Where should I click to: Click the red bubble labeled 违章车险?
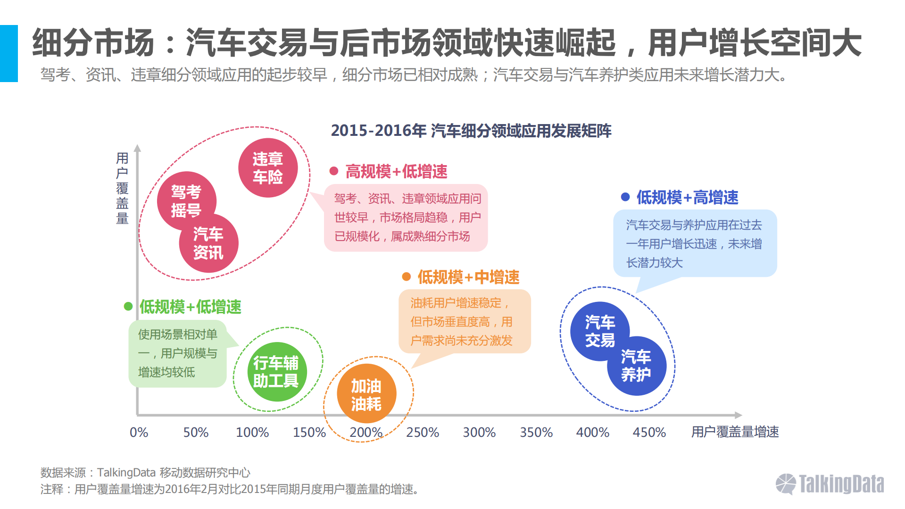267,168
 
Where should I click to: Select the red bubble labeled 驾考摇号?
186,200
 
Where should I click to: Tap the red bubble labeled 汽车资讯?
208,243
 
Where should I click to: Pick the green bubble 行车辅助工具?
276,372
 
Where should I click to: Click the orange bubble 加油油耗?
366,394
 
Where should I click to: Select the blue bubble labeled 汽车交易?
599,331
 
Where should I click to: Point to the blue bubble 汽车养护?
636,366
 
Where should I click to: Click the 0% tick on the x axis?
139,432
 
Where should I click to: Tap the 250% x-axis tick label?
422,432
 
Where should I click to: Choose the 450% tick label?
649,432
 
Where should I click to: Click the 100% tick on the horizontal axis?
252,432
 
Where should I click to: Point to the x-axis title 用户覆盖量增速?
735,432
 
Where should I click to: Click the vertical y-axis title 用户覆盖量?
122,188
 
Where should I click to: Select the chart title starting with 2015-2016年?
471,131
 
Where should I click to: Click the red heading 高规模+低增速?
396,171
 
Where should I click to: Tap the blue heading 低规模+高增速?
687,197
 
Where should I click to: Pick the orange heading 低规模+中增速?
468,277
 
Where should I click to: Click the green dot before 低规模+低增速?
128,306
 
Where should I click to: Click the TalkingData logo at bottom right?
830,484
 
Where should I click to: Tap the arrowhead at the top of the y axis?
137,148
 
